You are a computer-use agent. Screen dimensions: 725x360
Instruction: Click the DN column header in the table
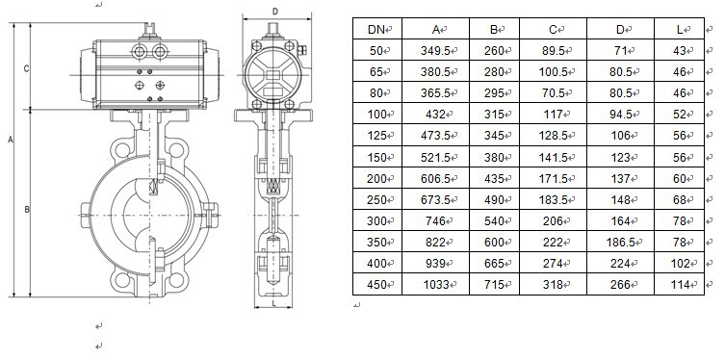pos(375,30)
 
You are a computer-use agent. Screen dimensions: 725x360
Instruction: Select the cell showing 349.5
pos(435,51)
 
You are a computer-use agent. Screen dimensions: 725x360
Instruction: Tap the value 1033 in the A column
pos(436,285)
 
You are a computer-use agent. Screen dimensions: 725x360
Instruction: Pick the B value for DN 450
pos(494,285)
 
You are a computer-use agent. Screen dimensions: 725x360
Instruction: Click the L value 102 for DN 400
pos(680,264)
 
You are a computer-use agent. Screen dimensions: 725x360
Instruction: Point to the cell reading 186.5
pos(620,243)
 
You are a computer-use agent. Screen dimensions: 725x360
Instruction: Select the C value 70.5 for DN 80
pos(553,93)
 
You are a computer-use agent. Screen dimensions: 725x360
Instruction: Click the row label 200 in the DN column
pos(376,178)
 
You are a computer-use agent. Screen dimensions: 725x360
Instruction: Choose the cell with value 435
pos(494,178)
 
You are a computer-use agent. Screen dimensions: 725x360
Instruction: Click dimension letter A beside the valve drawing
pos(11,140)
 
